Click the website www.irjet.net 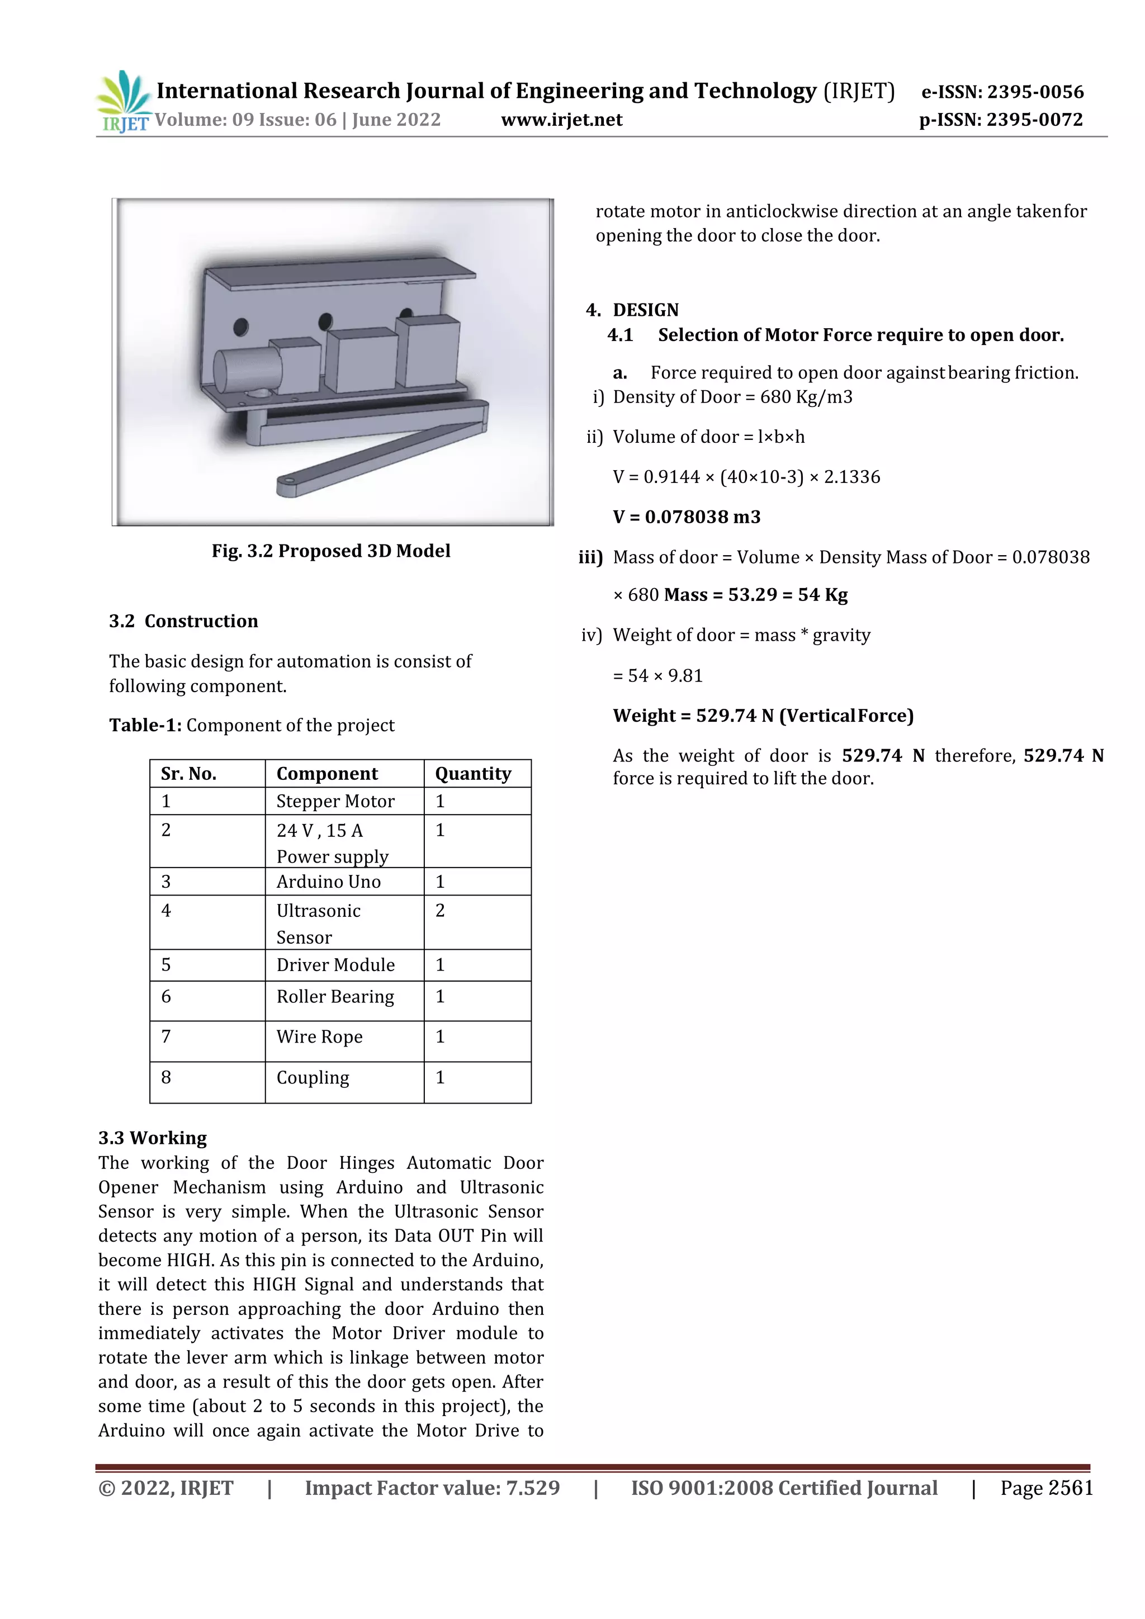(561, 120)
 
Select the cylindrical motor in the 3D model (243, 371)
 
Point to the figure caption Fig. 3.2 (330, 551)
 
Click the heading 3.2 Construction (183, 621)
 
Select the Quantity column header (473, 774)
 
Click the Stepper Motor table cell (335, 801)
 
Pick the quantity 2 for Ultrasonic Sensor (440, 910)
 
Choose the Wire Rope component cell (319, 1036)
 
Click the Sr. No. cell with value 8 (167, 1077)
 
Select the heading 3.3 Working (152, 1138)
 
